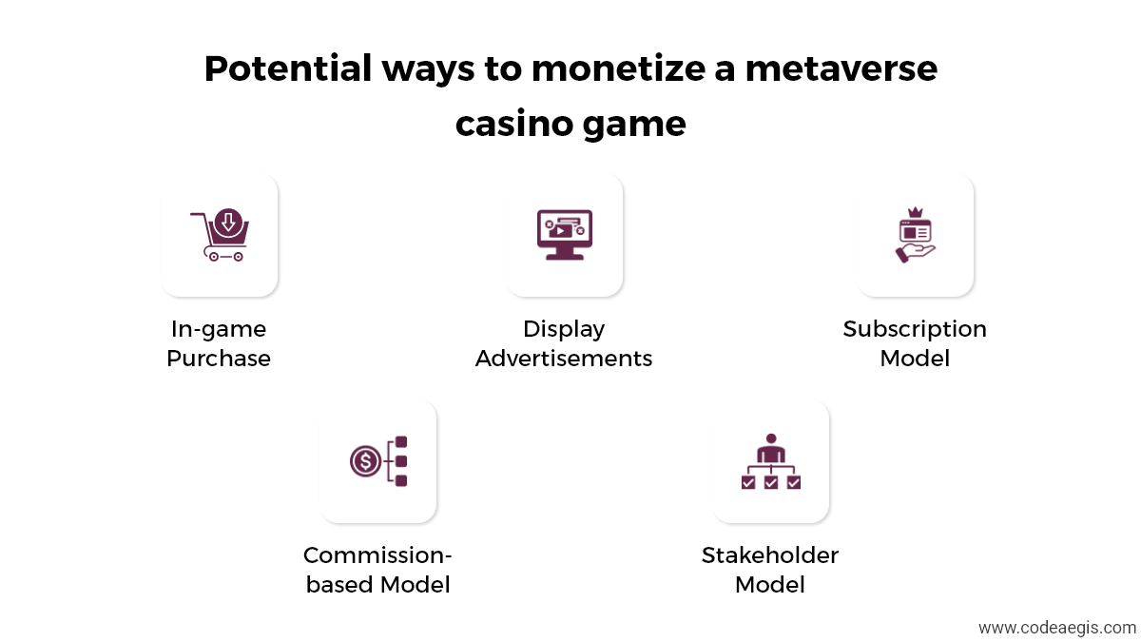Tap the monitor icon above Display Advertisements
coord(565,234)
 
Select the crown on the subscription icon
coord(916,212)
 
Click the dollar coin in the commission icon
coord(365,461)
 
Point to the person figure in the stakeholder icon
coord(771,447)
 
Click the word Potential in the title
coord(288,68)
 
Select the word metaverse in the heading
coord(841,68)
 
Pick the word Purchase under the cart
coord(219,359)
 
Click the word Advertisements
coord(564,359)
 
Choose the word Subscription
coord(915,330)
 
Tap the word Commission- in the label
coord(377,554)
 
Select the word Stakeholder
coord(770,554)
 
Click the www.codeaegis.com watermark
coord(1057,628)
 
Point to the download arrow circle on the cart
coord(228,223)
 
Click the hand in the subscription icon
coord(915,253)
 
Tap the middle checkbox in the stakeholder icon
coord(771,482)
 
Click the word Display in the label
coord(564,330)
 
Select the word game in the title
coord(635,125)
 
